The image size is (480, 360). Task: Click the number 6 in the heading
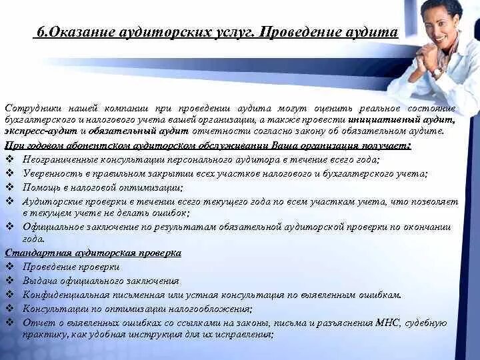point(40,32)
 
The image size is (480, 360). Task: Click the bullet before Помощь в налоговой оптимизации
point(10,187)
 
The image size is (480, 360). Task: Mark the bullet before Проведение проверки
point(10,267)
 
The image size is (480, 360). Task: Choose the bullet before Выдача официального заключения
point(10,281)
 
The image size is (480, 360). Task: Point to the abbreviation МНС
point(387,323)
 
